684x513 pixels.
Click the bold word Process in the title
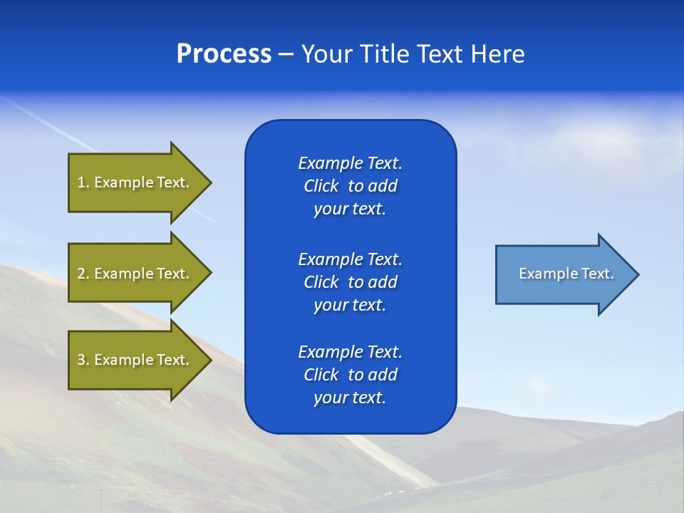[224, 54]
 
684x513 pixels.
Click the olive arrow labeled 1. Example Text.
[135, 182]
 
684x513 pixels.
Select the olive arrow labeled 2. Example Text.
[135, 274]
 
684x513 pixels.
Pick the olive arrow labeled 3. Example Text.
[135, 360]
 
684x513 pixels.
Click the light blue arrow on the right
[563, 274]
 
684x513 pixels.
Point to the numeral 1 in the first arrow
[81, 182]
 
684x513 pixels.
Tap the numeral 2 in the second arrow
[81, 274]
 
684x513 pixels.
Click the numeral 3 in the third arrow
[81, 360]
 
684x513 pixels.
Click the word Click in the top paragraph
[321, 186]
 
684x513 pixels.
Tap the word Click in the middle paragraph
[321, 282]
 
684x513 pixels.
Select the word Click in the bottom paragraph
[321, 375]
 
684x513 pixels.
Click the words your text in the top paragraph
[350, 209]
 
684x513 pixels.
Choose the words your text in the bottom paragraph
[350, 398]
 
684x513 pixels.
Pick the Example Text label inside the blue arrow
[566, 274]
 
